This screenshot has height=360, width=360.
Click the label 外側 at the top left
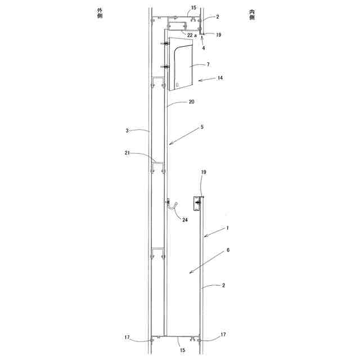[x=100, y=13]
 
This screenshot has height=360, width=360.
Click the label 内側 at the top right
[x=252, y=15]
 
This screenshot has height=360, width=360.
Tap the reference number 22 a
[x=192, y=35]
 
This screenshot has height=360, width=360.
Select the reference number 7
[x=208, y=64]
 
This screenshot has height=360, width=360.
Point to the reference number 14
[x=220, y=78]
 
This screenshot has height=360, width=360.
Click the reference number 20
[x=191, y=101]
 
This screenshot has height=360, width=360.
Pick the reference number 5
[x=202, y=127]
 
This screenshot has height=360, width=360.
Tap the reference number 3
[x=127, y=130]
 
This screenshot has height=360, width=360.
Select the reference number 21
[x=127, y=153]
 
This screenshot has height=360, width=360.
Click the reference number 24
[x=185, y=220]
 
